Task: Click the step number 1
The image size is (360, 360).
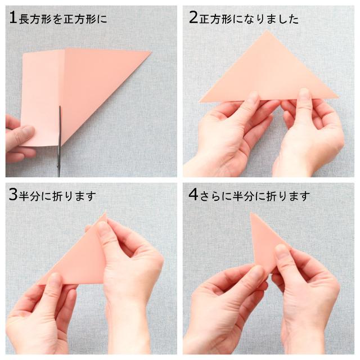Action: [x=13, y=17]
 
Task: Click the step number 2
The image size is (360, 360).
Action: [x=193, y=17]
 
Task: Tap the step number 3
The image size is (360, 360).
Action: [x=13, y=195]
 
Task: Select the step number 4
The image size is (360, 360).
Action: [x=193, y=195]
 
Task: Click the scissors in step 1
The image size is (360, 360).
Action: [x=60, y=141]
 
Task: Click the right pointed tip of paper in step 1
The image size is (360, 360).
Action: [x=151, y=52]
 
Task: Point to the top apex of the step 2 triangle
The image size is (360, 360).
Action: [x=267, y=30]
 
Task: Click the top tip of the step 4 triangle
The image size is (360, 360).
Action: [x=251, y=213]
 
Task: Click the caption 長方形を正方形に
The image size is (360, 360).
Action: [x=62, y=19]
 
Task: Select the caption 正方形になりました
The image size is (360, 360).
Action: [x=249, y=19]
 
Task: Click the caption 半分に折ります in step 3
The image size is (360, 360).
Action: [x=57, y=196]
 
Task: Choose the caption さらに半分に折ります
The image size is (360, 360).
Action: [x=255, y=196]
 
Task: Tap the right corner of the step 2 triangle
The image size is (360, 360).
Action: [x=339, y=97]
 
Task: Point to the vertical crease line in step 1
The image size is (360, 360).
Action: [x=64, y=96]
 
